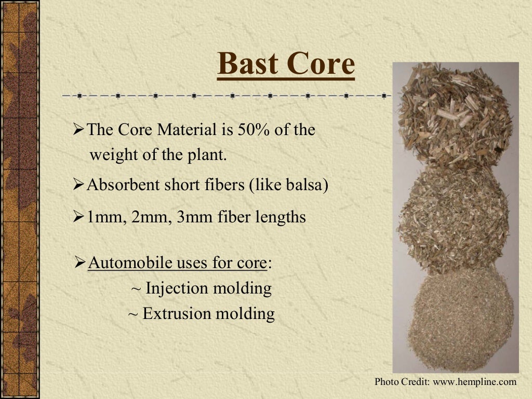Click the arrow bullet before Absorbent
(x=78, y=185)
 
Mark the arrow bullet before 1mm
(x=78, y=217)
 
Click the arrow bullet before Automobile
(x=80, y=262)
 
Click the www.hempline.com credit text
(x=475, y=382)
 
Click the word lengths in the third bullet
(x=280, y=217)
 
